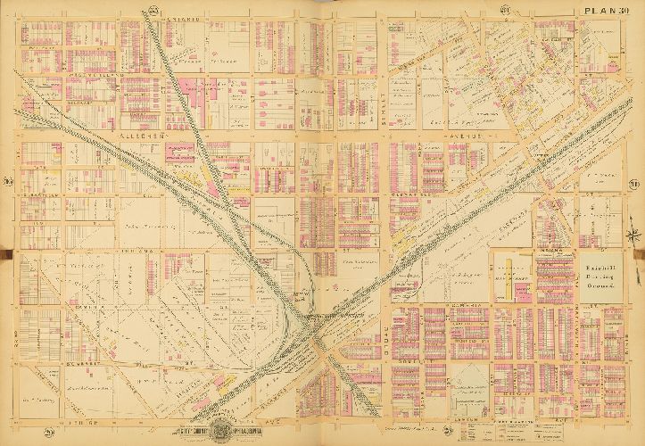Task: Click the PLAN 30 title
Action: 606,10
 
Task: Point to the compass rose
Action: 633,235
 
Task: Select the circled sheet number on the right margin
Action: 633,184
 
